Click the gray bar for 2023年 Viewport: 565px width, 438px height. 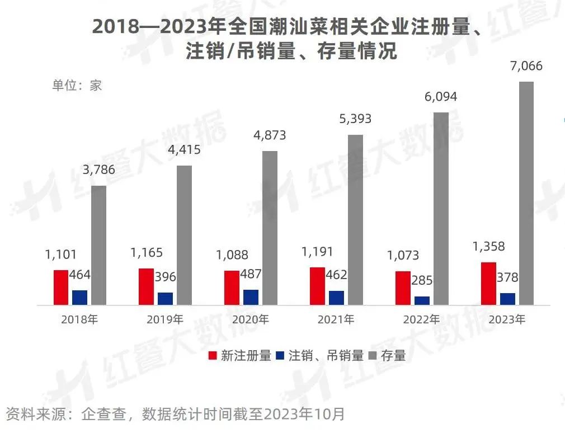point(526,193)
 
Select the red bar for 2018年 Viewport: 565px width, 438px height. point(61,288)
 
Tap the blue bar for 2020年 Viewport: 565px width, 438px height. point(251,297)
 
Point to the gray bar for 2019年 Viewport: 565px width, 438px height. point(184,235)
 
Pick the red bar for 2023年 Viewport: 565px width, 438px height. point(488,283)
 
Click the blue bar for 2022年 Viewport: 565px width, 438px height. point(422,300)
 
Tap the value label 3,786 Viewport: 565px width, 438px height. point(98,170)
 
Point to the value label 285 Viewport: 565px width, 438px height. point(422,280)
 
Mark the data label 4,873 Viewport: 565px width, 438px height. point(270,135)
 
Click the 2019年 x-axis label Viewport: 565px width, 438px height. point(165,320)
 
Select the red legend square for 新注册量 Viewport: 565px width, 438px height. point(213,355)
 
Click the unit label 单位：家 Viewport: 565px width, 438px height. point(77,86)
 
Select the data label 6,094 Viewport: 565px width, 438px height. point(440,97)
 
